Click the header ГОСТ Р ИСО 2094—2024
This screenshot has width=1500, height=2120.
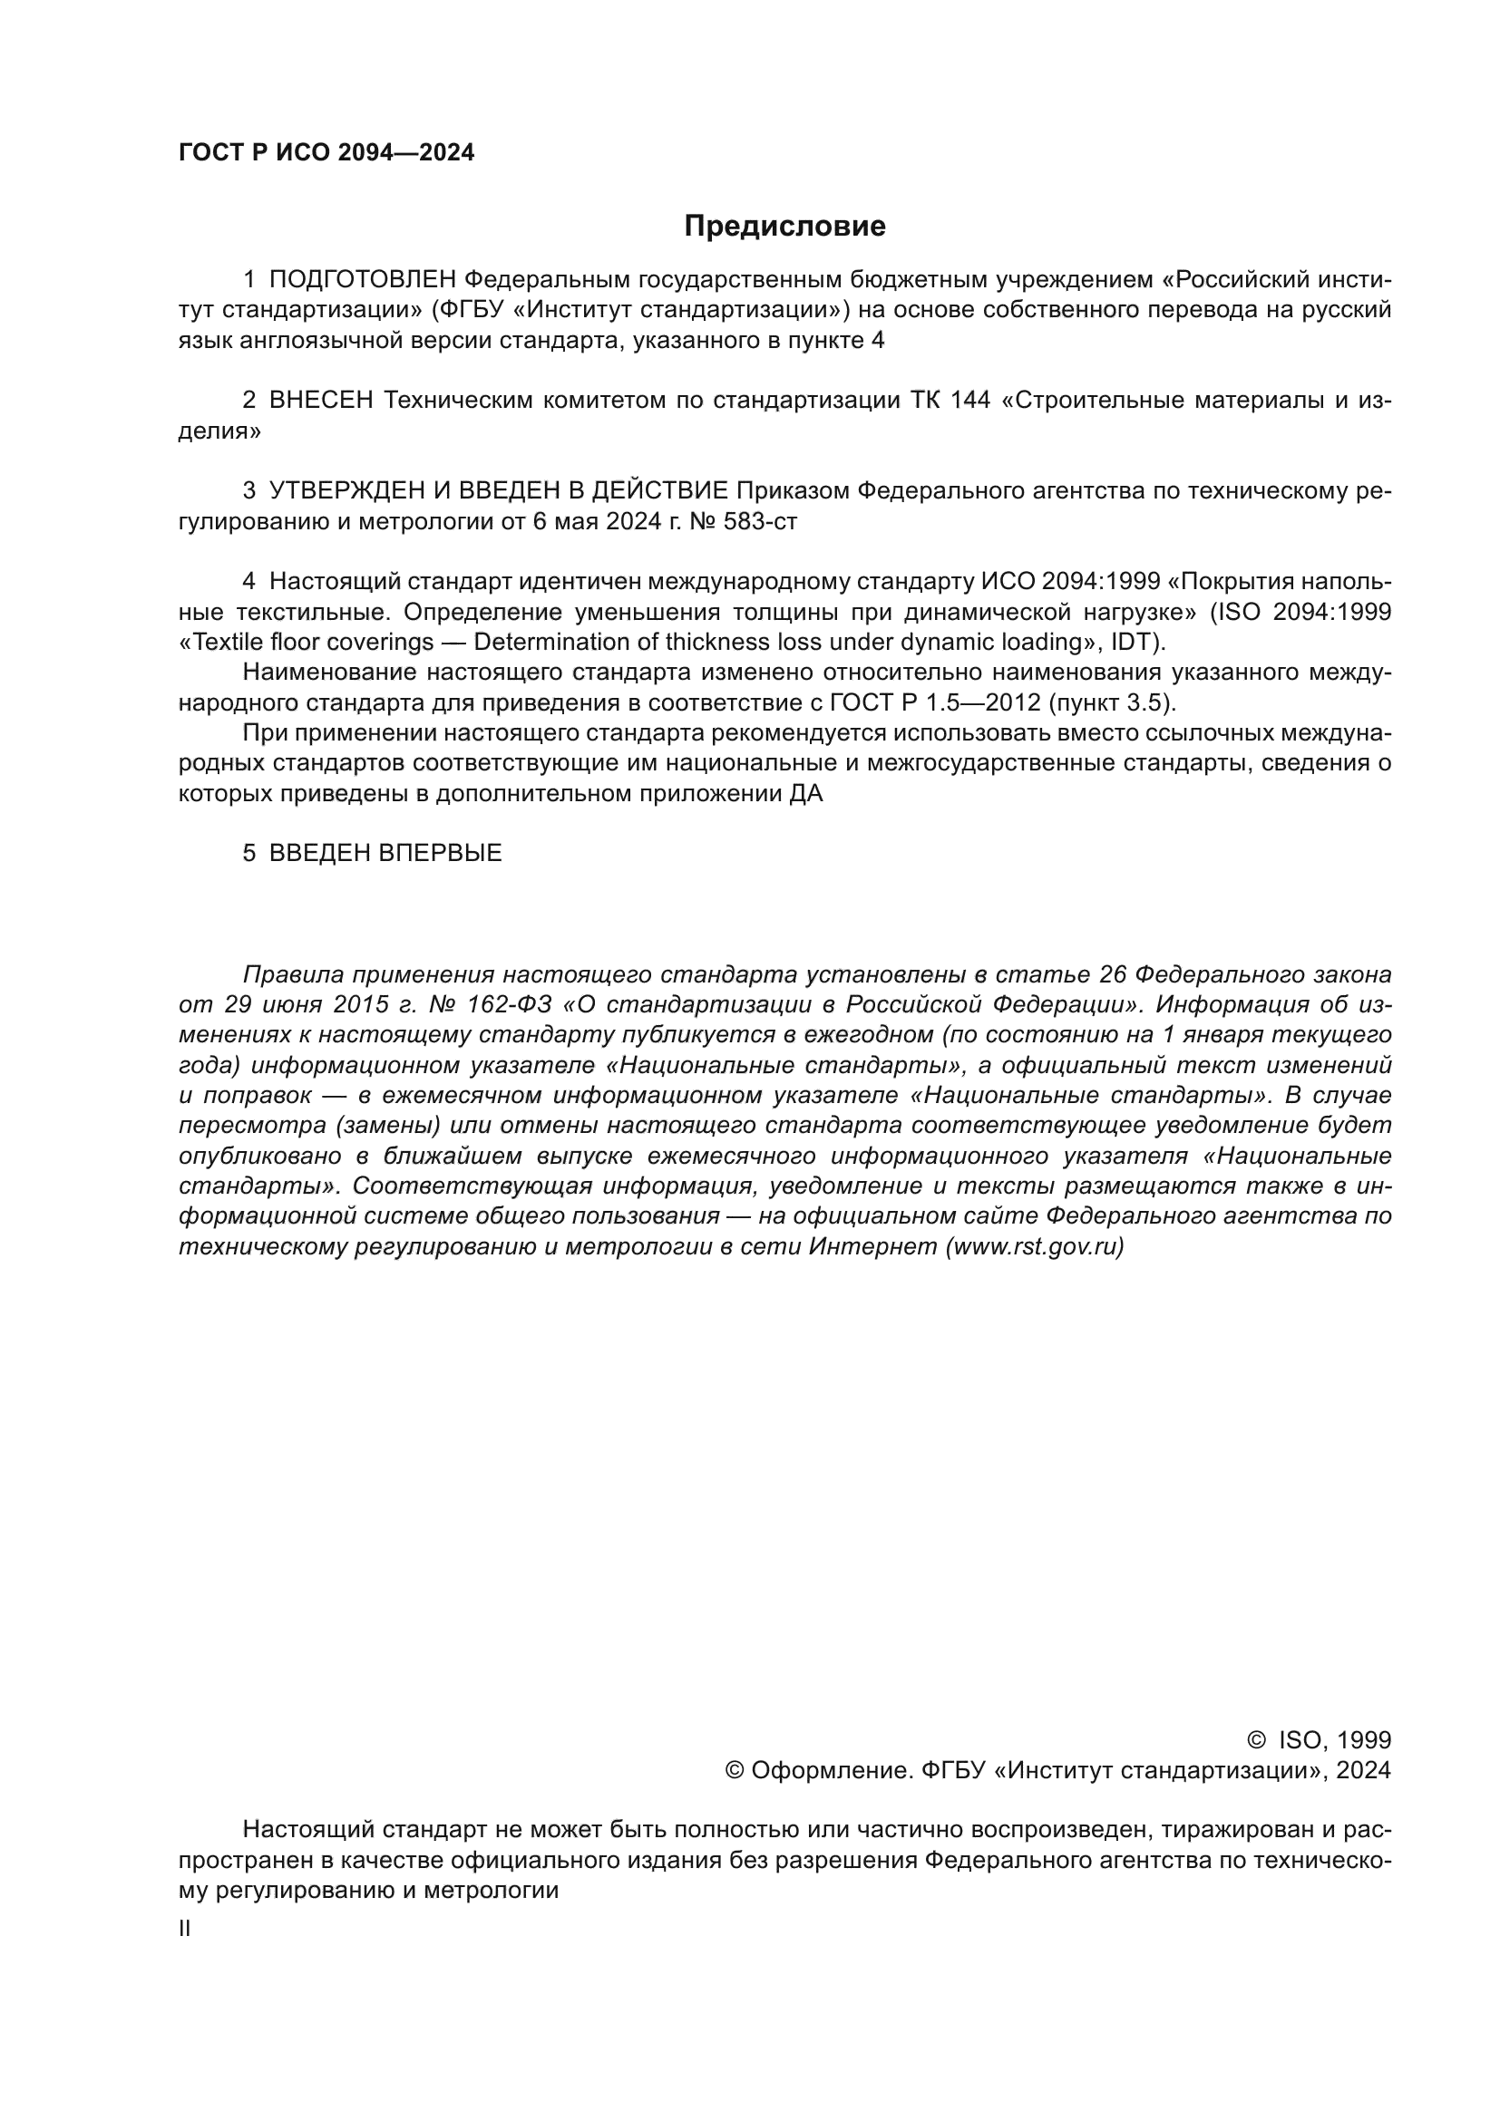point(326,153)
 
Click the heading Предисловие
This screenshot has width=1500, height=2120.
point(784,227)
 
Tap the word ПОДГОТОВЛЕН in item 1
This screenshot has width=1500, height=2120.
point(362,280)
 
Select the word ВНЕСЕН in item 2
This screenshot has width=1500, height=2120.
point(320,401)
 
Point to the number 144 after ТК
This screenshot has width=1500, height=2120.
point(969,401)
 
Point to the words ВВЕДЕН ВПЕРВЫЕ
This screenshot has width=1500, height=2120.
point(385,853)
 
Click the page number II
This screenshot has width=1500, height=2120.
point(185,1929)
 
